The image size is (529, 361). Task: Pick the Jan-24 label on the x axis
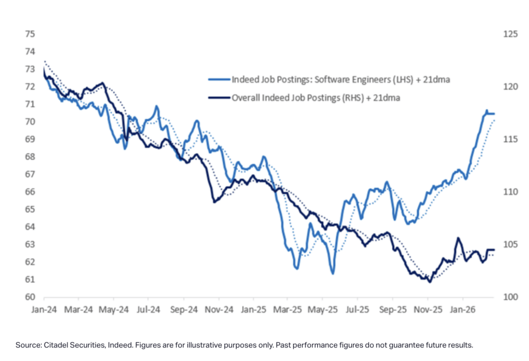point(44,310)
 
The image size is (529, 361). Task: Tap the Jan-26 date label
point(462,310)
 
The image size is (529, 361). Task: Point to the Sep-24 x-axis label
point(184,310)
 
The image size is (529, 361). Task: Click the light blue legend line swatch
point(219,80)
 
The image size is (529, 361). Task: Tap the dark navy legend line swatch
point(219,96)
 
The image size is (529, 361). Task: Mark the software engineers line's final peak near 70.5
point(486,111)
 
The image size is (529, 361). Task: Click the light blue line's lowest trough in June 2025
point(333,273)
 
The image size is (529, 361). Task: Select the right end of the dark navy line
point(494,250)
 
